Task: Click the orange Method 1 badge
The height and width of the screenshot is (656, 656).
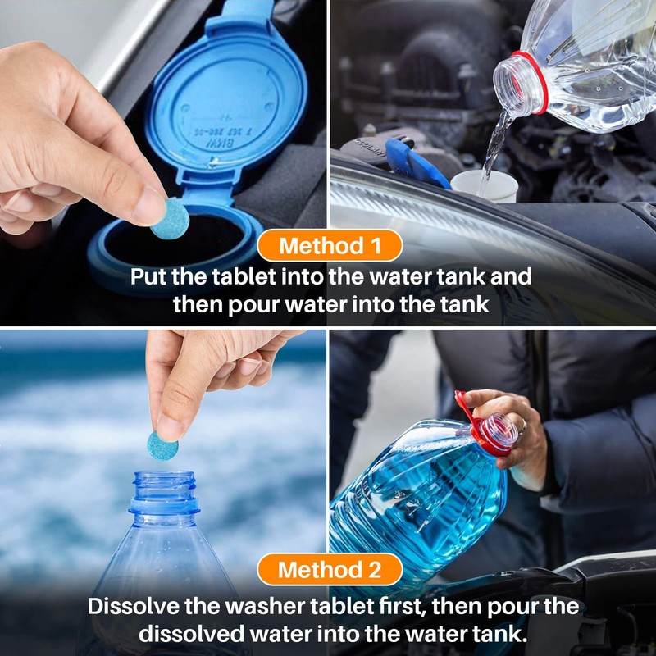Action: (329, 245)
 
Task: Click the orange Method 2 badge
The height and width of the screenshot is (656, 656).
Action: (329, 569)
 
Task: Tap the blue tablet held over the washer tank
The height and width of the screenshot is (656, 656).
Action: (170, 219)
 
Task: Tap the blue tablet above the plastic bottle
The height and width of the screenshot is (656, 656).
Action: (162, 444)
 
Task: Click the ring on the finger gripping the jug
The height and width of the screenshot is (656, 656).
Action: (522, 426)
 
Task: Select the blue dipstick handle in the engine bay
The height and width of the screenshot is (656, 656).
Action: (415, 160)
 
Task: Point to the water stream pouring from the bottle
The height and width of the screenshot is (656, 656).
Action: (495, 143)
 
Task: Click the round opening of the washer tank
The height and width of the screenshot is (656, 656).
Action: (172, 246)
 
